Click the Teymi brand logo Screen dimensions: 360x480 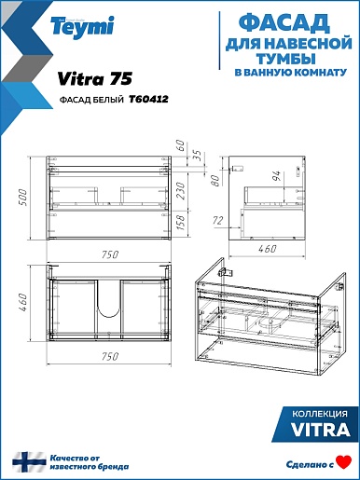[x=83, y=27]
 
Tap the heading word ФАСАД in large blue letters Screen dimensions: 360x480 [x=284, y=22]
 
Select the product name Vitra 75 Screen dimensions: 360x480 [x=95, y=79]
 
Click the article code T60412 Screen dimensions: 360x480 [x=148, y=99]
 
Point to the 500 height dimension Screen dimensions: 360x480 [x=23, y=198]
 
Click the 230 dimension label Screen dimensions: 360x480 [x=180, y=191]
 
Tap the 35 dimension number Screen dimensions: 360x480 [x=198, y=157]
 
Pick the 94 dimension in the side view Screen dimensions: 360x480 [x=277, y=175]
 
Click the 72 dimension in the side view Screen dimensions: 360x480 [x=218, y=220]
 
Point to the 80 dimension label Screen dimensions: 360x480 [x=215, y=180]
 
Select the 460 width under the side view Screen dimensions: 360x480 [x=267, y=249]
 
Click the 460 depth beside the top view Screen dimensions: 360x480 [x=23, y=302]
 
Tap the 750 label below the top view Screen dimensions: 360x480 [x=110, y=356]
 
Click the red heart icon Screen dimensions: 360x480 [x=344, y=462]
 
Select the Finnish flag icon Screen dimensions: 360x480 [x=29, y=462]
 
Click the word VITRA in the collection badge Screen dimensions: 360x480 [x=321, y=430]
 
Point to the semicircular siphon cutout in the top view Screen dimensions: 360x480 [x=109, y=314]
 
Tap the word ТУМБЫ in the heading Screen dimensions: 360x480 [x=285, y=59]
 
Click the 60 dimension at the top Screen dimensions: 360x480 [x=180, y=145]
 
